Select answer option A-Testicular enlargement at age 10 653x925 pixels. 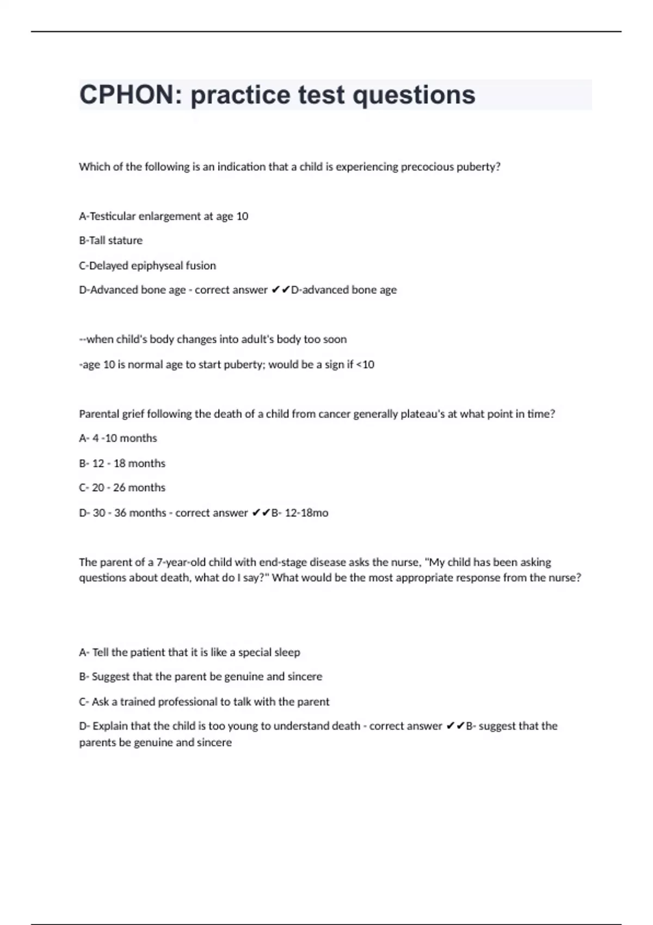click(163, 217)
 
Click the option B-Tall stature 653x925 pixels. click(110, 240)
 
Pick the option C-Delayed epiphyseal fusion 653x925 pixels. click(147, 266)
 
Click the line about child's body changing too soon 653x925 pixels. click(213, 340)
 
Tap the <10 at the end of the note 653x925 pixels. click(365, 365)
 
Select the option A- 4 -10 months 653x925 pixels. click(118, 439)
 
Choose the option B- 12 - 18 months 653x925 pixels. click(122, 464)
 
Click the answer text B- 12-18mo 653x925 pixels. click(300, 513)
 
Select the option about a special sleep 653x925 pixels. click(189, 652)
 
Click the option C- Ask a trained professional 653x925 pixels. click(204, 702)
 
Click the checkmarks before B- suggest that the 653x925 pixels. click(455, 726)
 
